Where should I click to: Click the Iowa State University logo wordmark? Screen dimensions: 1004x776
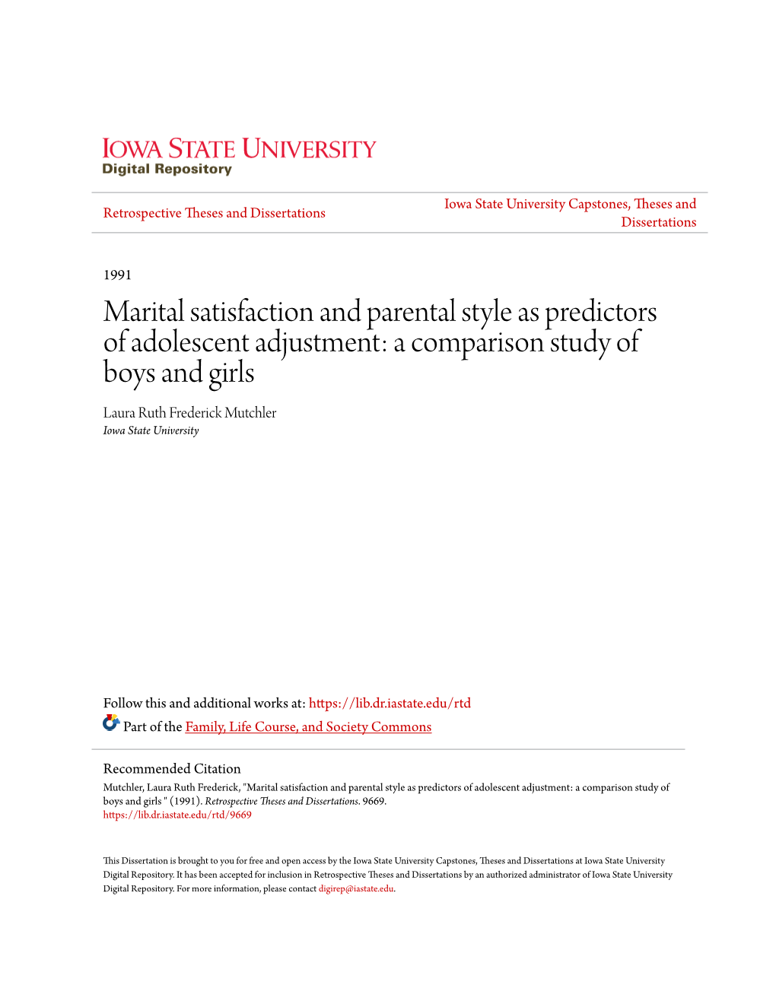[x=239, y=148]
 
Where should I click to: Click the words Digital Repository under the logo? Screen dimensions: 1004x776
[x=167, y=170]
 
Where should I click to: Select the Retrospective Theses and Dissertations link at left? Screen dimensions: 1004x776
[x=214, y=213]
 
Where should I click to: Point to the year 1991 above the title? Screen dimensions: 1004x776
[x=117, y=275]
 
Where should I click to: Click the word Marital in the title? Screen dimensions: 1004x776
[x=144, y=312]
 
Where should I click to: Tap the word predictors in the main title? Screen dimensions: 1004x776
[x=600, y=312]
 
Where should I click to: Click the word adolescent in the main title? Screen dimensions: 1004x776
[x=189, y=342]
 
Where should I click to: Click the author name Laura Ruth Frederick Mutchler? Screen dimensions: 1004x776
[x=189, y=412]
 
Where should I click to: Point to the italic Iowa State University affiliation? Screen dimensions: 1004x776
[x=151, y=431]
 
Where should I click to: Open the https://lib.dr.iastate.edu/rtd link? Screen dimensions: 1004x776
[x=390, y=703]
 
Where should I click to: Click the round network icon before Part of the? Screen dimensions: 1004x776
[x=111, y=723]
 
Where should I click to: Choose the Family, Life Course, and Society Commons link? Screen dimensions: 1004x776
[x=308, y=726]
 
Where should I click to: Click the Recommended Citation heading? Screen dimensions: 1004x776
[x=172, y=768]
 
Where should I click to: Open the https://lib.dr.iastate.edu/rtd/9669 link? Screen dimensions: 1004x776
[x=177, y=815]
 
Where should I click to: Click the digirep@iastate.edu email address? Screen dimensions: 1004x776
[x=356, y=888]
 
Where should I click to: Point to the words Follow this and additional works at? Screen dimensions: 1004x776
[x=204, y=703]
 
